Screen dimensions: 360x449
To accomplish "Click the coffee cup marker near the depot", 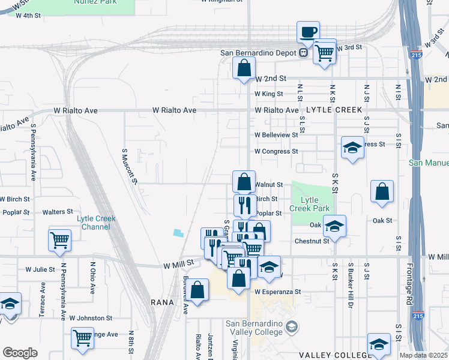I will (308, 31).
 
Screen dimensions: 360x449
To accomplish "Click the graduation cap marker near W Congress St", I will (352, 147).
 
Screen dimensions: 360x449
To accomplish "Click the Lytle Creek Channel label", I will (96, 223).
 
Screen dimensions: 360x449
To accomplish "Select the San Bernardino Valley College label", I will (254, 328).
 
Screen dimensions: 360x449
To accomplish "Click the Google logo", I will (20, 353).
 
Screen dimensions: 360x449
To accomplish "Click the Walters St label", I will (58, 212).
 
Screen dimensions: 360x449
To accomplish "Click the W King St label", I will (268, 94).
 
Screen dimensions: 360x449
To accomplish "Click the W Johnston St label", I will (91, 318).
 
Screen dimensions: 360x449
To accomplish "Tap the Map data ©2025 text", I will (423, 355).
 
